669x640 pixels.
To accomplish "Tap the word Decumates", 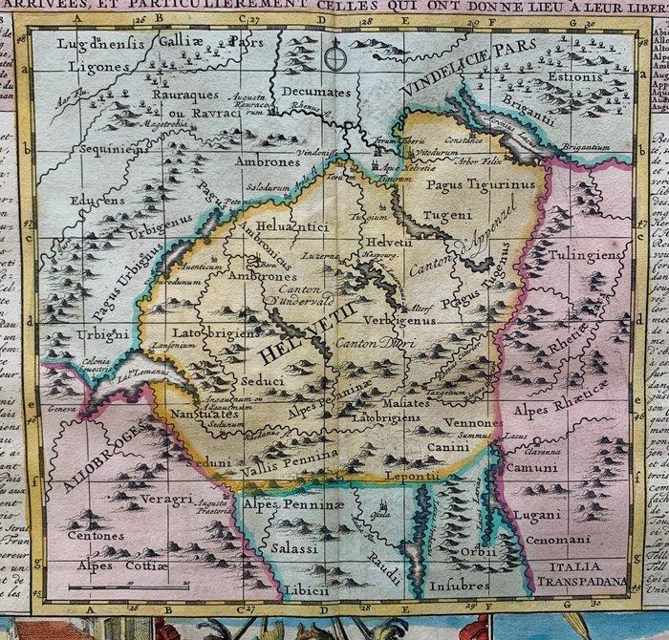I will (311, 92).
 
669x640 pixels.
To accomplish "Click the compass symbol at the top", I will (333, 56).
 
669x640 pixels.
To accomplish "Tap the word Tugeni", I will (441, 217).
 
